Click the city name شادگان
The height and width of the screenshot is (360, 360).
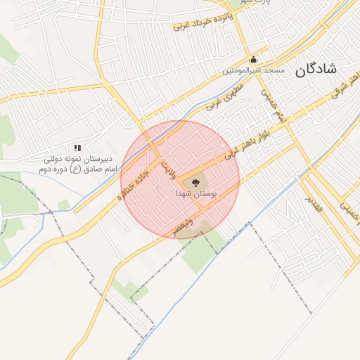[x=317, y=69]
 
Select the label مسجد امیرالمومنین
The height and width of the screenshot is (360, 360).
[x=254, y=70]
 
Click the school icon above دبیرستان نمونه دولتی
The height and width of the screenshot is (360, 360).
[x=77, y=148]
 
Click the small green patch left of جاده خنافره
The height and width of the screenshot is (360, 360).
[x=64, y=204]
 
